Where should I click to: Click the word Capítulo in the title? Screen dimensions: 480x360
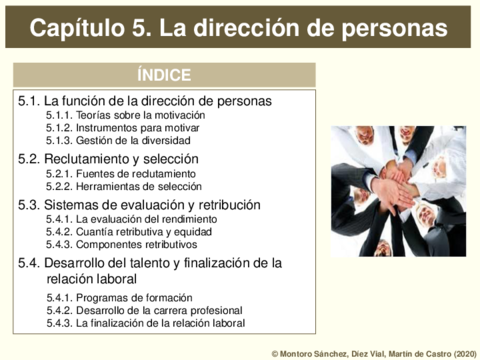[77, 28]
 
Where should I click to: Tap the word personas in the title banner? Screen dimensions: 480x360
[394, 29]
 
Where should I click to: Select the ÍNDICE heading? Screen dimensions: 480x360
[164, 74]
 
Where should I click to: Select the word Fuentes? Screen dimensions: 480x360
[93, 174]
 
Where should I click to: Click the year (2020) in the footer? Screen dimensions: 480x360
[465, 354]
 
